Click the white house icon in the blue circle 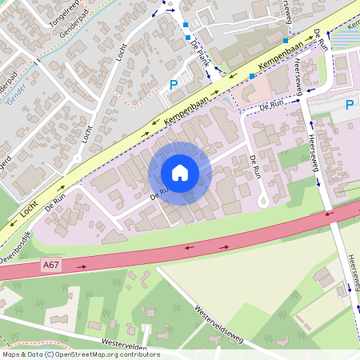[180, 172]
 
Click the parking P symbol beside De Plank [173, 84]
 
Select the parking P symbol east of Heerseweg [349, 104]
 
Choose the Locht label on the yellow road [30, 210]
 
